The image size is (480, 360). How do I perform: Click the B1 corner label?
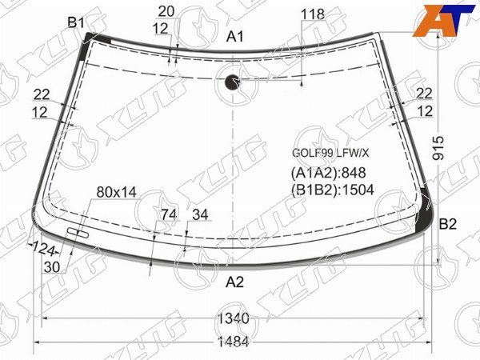[x=76, y=23]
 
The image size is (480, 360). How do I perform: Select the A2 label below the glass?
[x=234, y=281]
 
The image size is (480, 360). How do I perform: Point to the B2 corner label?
[x=447, y=224]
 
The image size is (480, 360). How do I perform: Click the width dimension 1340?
[x=233, y=318]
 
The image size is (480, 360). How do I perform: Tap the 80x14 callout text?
[x=117, y=192]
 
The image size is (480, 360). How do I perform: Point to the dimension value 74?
[x=168, y=214]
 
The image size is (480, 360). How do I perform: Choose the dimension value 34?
[x=199, y=214]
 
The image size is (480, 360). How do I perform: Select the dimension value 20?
[x=166, y=11]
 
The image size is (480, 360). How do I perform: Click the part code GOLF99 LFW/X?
[x=325, y=153]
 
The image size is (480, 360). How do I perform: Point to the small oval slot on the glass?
[x=79, y=233]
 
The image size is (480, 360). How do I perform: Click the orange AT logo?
[x=441, y=19]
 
